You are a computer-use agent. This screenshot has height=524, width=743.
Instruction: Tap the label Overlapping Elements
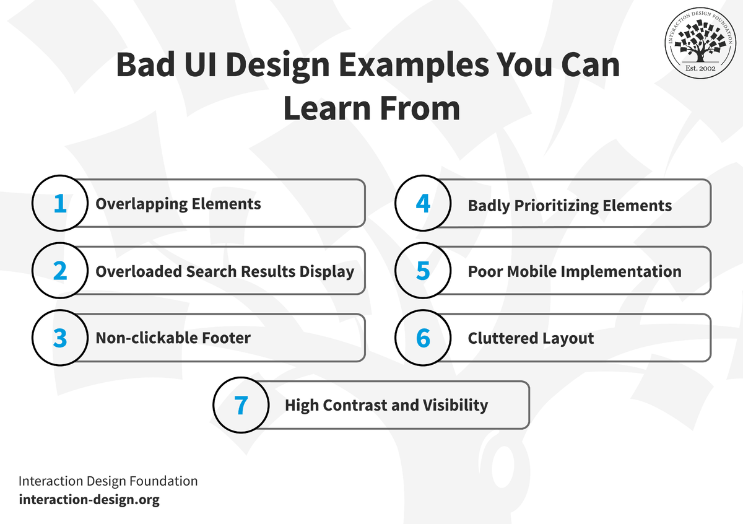click(x=178, y=204)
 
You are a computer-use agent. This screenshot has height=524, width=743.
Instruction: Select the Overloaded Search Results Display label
click(x=225, y=272)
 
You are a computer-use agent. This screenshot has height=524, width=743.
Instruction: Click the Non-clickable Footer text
click(x=173, y=338)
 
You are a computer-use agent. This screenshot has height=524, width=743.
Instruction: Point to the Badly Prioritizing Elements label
click(x=570, y=206)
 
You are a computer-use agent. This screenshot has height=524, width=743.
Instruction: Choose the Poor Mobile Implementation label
click(x=575, y=272)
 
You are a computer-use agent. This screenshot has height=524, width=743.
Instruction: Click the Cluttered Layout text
click(x=531, y=339)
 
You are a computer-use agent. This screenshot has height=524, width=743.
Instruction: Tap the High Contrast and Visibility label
click(x=386, y=406)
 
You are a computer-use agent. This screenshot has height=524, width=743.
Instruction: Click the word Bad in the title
click(x=146, y=64)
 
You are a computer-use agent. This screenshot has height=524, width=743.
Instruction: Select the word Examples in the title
click(x=414, y=66)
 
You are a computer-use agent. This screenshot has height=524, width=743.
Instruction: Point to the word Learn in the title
click(x=327, y=108)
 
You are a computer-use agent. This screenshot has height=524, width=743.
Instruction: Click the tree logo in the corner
click(x=700, y=43)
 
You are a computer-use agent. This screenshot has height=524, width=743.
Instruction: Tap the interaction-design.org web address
click(x=89, y=500)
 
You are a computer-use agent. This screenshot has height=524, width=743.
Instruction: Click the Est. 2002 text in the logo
click(x=700, y=68)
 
